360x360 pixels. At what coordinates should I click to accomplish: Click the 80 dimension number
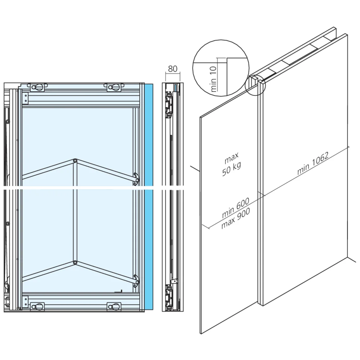[x=173, y=68]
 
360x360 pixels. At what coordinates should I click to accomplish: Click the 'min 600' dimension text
[x=236, y=211]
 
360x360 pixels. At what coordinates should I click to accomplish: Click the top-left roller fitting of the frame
[x=37, y=87]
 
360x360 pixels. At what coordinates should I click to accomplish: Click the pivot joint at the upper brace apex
[x=75, y=161]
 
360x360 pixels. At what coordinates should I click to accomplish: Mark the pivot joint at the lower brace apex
[x=75, y=263]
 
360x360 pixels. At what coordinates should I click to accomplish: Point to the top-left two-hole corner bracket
[x=26, y=97]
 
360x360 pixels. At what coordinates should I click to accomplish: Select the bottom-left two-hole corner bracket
[x=26, y=301]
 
